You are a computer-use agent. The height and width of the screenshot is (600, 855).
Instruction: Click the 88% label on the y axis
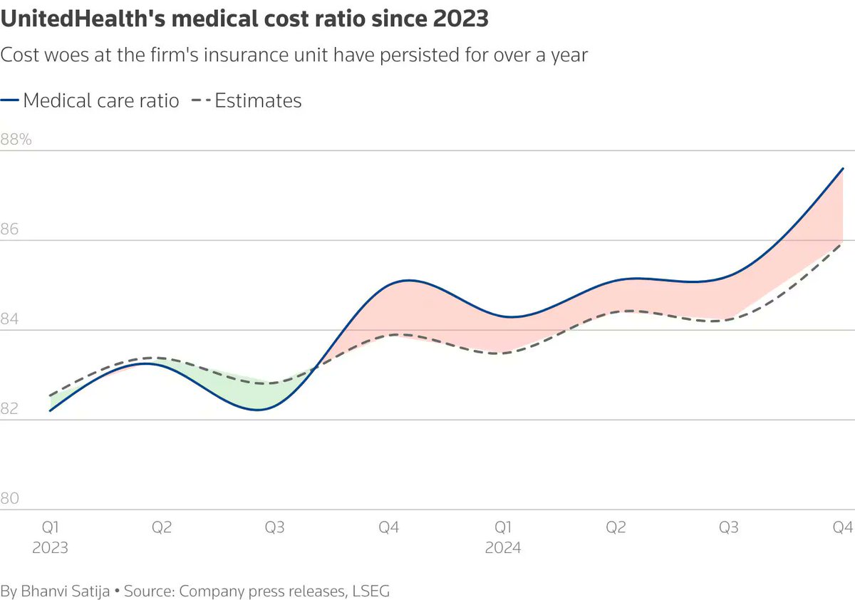tap(16, 140)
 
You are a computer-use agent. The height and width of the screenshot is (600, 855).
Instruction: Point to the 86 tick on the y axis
tap(10, 229)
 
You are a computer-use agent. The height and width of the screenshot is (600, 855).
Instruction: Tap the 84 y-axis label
tap(10, 319)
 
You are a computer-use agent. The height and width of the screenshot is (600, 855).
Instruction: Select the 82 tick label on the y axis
tap(10, 409)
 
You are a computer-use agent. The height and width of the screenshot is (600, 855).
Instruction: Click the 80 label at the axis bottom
tap(10, 499)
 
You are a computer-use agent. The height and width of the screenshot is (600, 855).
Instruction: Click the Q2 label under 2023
tap(162, 527)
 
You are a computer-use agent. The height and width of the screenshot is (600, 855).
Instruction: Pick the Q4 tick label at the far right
tap(844, 527)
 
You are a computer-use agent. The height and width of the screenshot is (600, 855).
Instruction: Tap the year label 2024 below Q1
tap(503, 548)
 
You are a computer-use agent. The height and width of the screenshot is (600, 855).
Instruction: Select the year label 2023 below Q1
tap(50, 548)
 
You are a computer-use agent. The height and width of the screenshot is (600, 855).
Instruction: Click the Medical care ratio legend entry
tap(100, 100)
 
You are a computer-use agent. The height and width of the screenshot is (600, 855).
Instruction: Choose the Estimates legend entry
tap(258, 100)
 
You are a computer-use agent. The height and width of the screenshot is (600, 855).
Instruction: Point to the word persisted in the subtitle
tap(386, 55)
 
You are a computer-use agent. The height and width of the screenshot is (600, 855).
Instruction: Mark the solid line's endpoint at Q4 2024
tap(844, 169)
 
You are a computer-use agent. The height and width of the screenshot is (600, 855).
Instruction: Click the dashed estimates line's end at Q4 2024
tap(844, 244)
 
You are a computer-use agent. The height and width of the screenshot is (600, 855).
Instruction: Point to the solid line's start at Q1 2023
tap(50, 410)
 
